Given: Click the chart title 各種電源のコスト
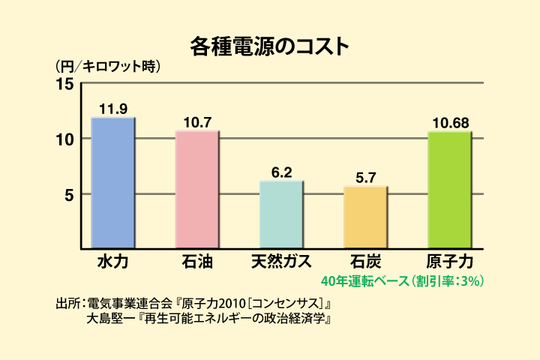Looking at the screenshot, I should point(269,47).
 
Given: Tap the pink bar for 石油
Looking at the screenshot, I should point(197,189).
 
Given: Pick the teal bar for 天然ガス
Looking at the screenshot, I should point(281,214).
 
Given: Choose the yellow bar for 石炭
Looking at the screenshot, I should point(365,217).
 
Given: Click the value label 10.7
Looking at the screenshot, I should point(197,121).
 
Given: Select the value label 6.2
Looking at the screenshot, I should point(281,172).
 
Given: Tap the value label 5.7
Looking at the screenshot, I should point(365,178).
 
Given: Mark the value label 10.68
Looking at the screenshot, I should point(449,122).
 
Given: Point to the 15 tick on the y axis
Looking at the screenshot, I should point(66,84).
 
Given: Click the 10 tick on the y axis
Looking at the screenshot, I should point(66,139).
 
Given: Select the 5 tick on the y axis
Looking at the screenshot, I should point(69,194).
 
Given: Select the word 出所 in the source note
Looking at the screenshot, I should point(67,304).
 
